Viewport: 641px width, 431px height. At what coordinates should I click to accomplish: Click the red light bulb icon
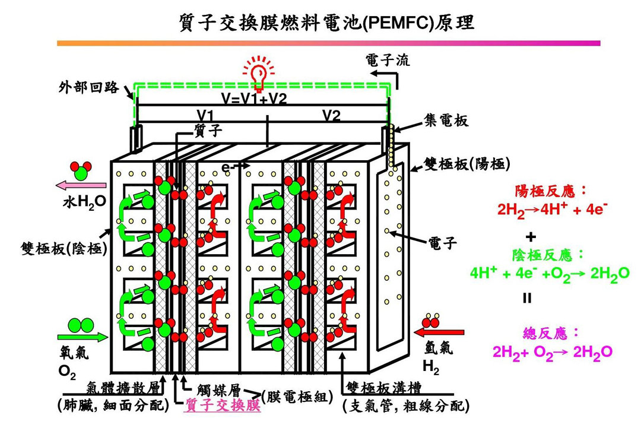259,73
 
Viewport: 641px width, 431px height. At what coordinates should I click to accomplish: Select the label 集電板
446,121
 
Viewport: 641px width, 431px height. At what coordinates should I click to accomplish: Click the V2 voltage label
332,116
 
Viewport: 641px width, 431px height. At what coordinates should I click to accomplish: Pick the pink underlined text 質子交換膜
223,405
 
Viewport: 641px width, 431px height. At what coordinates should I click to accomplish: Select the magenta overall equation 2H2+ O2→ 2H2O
552,351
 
